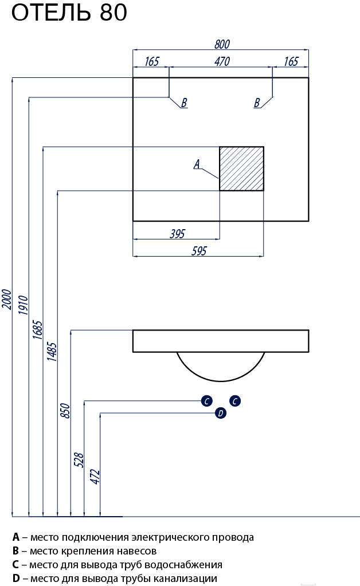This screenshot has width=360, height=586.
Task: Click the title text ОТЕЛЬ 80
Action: tap(69, 12)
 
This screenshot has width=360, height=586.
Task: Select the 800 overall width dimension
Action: tap(222, 44)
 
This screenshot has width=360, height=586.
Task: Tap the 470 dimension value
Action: tap(222, 61)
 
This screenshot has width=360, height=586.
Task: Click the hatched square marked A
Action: tap(241, 168)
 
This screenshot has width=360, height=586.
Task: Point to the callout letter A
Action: tap(197, 164)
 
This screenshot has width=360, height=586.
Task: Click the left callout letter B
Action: tap(184, 103)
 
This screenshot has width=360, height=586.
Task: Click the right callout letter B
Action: tap(257, 103)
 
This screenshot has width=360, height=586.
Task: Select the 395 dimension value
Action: tap(177, 234)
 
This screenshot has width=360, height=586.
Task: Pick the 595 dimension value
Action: tap(199, 251)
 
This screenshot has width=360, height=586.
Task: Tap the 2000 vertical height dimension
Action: tap(7, 299)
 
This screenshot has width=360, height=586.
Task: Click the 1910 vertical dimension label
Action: tap(23, 305)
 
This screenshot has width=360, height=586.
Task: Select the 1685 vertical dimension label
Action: tap(37, 329)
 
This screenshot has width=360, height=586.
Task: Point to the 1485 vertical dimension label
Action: tap(52, 351)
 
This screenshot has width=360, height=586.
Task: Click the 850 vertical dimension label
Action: tap(65, 411)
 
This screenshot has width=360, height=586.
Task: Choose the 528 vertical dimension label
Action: tap(79, 459)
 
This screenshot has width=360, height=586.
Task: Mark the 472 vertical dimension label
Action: tap(95, 477)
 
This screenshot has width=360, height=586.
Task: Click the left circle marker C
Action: tap(207, 401)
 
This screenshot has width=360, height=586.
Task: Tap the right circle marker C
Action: tap(235, 401)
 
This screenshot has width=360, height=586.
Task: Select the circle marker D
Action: tap(221, 413)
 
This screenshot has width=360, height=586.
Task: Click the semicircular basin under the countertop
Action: tap(221, 381)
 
